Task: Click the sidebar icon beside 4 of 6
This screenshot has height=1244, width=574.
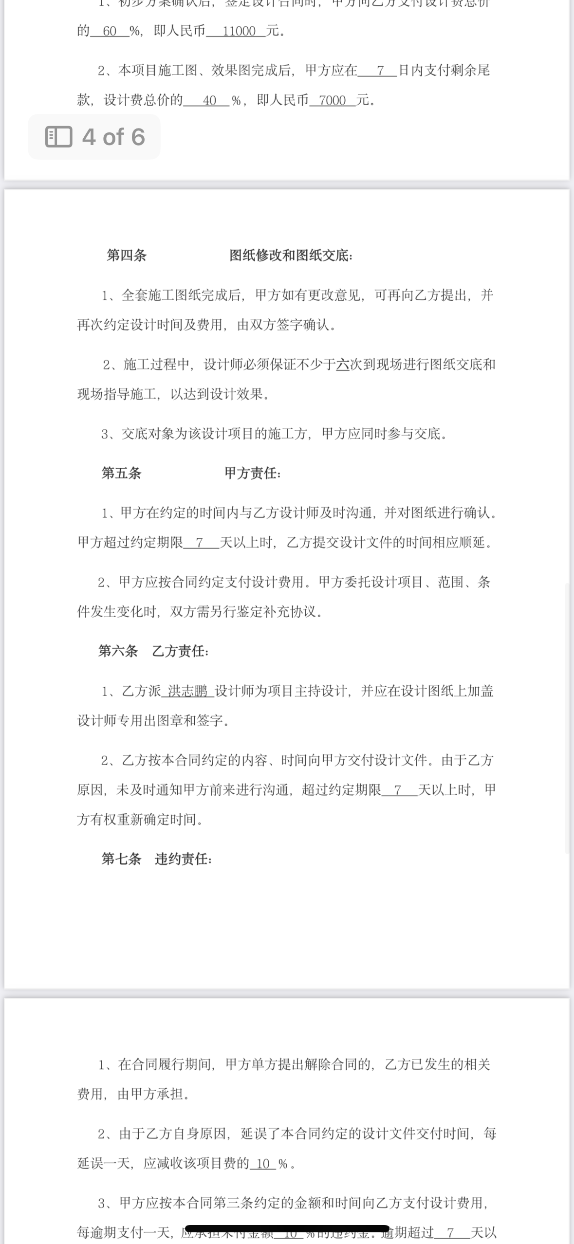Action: [x=58, y=137]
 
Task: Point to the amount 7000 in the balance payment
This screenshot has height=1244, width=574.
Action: [x=333, y=101]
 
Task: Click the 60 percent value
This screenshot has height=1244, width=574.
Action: [x=110, y=31]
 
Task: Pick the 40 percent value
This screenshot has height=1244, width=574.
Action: [x=209, y=101]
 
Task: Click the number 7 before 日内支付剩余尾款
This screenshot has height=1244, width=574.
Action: [x=380, y=71]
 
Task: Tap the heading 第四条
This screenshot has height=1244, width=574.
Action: [x=127, y=256]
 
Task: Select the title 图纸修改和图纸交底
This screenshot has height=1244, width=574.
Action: [x=291, y=256]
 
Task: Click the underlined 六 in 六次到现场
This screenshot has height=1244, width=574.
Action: [x=343, y=365]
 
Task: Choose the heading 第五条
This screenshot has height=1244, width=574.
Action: [x=121, y=473]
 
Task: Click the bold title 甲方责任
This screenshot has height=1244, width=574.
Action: [x=252, y=473]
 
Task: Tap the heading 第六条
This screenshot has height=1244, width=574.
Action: [x=118, y=651]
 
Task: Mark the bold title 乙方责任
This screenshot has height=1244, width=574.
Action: [x=180, y=651]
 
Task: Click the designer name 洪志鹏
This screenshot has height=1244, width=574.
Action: [x=188, y=691]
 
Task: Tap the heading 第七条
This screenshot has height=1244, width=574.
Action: [x=121, y=859]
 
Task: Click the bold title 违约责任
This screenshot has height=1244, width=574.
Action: [x=183, y=859]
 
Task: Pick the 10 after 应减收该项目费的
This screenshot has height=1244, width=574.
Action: [x=263, y=1164]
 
